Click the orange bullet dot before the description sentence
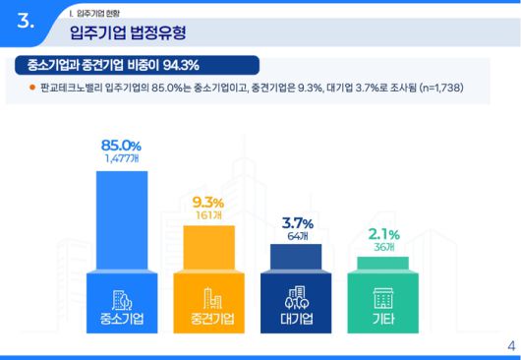[x=31, y=89]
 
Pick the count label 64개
[x=296, y=235]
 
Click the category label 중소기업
[x=122, y=320]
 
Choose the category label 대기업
[x=296, y=320]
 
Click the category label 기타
[x=382, y=320]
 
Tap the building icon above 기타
[x=382, y=296]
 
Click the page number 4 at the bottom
[x=510, y=345]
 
